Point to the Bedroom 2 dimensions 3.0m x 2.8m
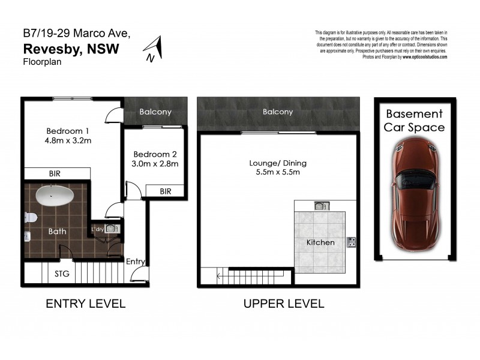click(x=156, y=163)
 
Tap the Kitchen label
click(x=320, y=242)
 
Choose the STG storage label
click(x=62, y=274)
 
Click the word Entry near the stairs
click(x=135, y=261)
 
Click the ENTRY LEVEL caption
click(x=86, y=304)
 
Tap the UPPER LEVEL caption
click(x=283, y=304)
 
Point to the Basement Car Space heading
click(x=415, y=120)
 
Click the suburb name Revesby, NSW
click(x=71, y=48)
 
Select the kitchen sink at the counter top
click(x=320, y=206)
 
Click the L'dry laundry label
click(x=98, y=229)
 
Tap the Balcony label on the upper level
click(x=278, y=112)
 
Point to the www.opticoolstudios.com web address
click(x=425, y=57)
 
